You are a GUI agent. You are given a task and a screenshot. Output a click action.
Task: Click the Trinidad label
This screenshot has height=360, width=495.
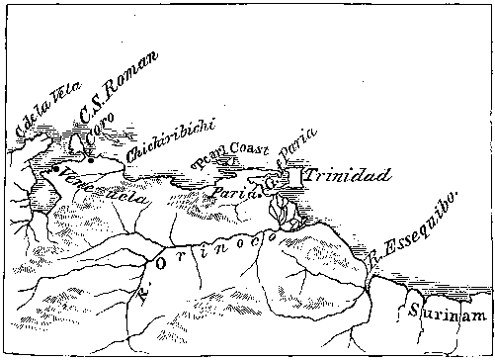pyautogui.click(x=347, y=176)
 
